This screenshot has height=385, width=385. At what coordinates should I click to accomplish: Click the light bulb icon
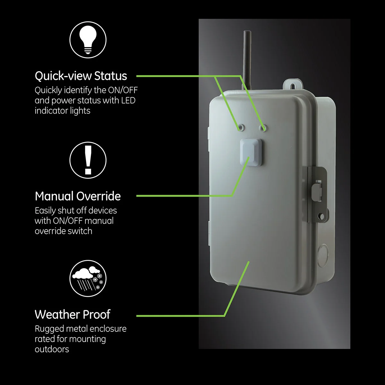[88, 39]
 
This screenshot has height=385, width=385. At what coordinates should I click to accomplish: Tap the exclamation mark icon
[88, 160]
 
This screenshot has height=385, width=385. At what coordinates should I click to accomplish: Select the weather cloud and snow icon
[88, 278]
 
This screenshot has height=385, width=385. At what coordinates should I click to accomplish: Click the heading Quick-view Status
[81, 76]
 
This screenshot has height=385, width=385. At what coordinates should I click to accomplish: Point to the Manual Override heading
[78, 196]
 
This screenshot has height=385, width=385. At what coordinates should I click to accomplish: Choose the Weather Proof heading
[73, 314]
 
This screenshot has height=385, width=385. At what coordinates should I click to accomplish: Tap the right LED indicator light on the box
[263, 128]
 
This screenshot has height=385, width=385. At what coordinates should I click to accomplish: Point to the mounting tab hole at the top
[292, 86]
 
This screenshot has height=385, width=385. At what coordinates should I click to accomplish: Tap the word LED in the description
[128, 100]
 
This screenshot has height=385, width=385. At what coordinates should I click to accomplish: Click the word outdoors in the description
[52, 349]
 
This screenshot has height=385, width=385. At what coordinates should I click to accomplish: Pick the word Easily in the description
[45, 211]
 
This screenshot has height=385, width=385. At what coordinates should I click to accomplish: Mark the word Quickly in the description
[48, 90]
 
